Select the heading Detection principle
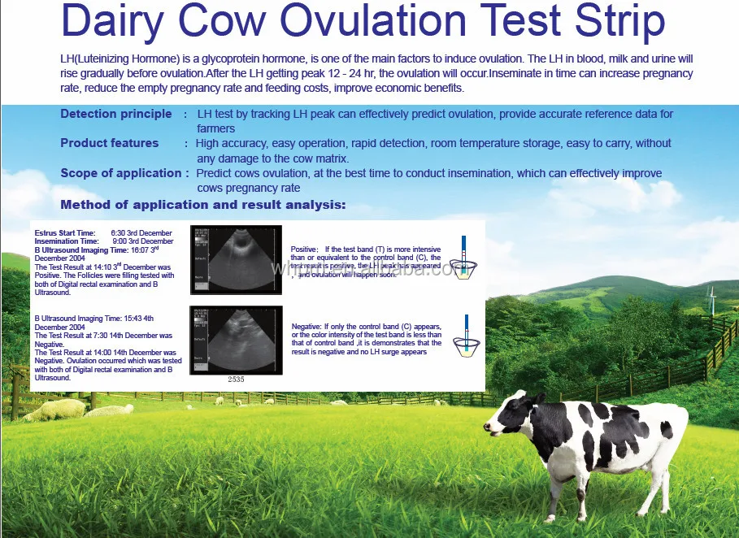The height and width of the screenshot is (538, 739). (x=115, y=114)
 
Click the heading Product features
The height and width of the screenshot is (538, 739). (x=109, y=143)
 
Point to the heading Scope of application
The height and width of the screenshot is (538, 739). (x=120, y=173)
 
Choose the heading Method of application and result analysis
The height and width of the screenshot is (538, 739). (x=202, y=204)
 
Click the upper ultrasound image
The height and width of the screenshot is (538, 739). (x=236, y=259)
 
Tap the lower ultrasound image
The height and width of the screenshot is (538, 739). (x=236, y=340)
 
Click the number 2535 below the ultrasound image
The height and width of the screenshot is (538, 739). (x=235, y=380)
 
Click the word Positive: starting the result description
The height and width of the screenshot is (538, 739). (x=306, y=249)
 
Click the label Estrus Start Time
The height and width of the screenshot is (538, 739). (x=64, y=233)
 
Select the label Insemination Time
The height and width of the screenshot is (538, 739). (x=67, y=241)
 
